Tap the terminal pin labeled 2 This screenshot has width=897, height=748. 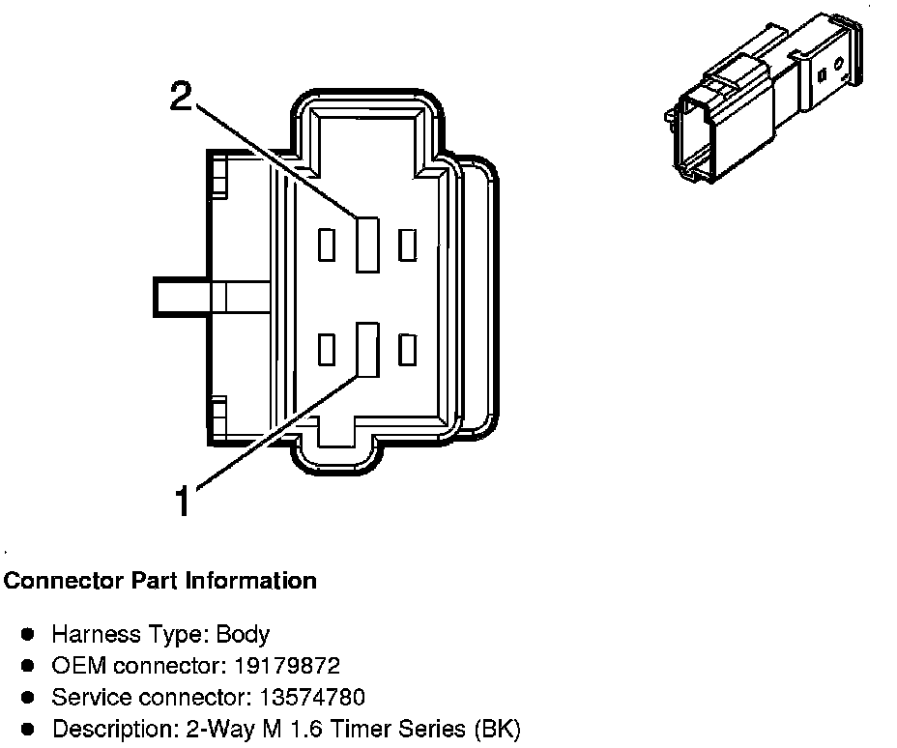tap(366, 245)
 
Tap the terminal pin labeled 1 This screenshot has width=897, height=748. tap(366, 349)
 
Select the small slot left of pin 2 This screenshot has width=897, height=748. tap(327, 245)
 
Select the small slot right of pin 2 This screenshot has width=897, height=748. tap(408, 245)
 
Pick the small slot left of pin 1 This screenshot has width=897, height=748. tap(327, 349)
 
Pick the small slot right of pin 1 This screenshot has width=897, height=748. tap(408, 349)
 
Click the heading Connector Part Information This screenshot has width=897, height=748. tap(160, 581)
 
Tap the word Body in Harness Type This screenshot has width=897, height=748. tap(243, 635)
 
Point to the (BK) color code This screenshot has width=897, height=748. tap(497, 729)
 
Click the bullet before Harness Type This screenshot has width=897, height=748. tap(29, 635)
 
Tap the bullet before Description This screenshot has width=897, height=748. tap(29, 729)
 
